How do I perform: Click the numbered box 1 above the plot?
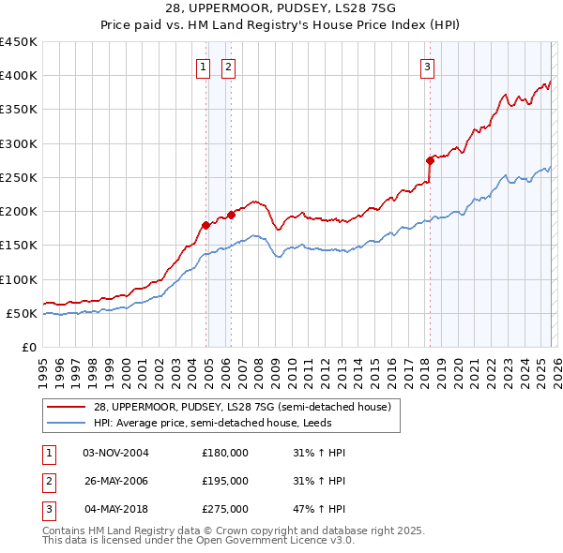(204, 67)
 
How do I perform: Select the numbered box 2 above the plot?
(228, 67)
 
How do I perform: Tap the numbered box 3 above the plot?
(427, 67)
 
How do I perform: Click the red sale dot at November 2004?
(205, 225)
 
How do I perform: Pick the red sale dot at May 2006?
(231, 215)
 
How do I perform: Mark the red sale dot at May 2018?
(430, 160)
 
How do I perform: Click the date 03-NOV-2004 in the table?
(116, 453)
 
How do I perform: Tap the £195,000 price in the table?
(225, 481)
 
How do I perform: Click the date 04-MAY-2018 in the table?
(116, 509)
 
